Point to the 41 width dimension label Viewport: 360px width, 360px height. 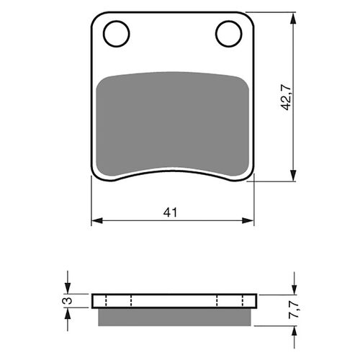click(x=171, y=212)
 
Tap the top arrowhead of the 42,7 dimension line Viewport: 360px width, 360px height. click(x=294, y=17)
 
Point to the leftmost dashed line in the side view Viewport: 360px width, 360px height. click(x=106, y=300)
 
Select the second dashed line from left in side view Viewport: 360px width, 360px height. click(x=131, y=300)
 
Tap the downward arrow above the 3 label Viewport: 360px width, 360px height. click(x=68, y=288)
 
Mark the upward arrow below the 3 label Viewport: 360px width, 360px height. click(x=68, y=312)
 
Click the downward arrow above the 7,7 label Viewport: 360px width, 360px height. click(x=294, y=288)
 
